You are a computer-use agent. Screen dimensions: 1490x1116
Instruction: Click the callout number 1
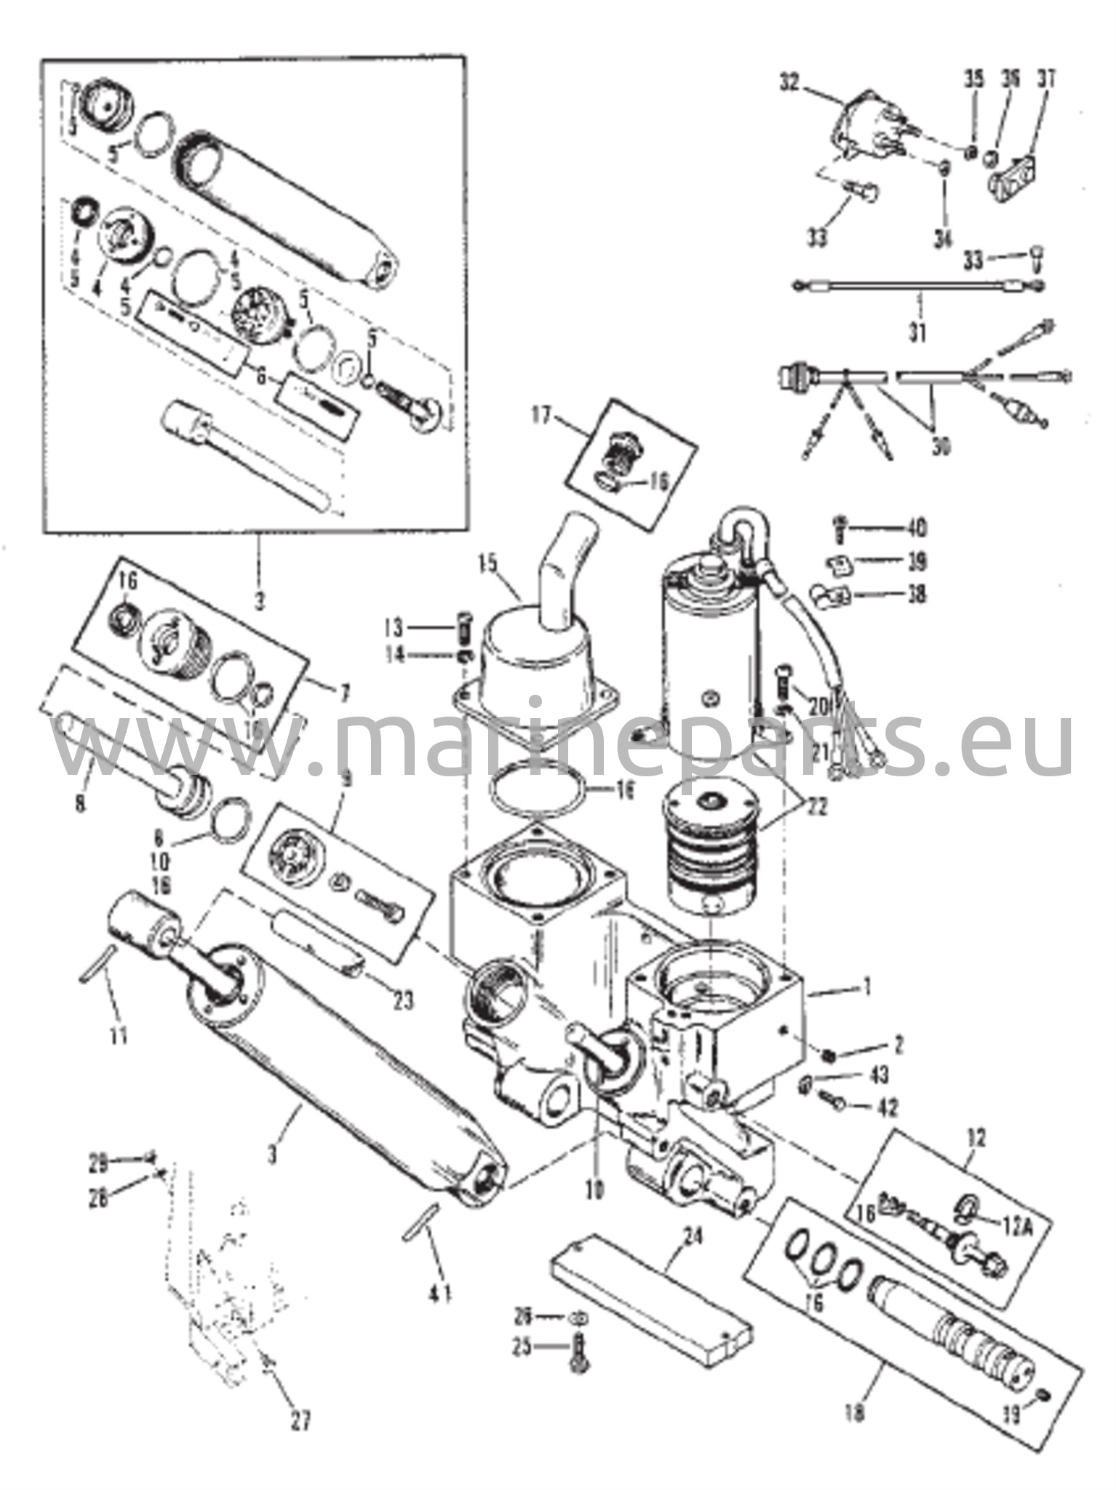(866, 987)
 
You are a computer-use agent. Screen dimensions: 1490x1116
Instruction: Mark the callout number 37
(1048, 78)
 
